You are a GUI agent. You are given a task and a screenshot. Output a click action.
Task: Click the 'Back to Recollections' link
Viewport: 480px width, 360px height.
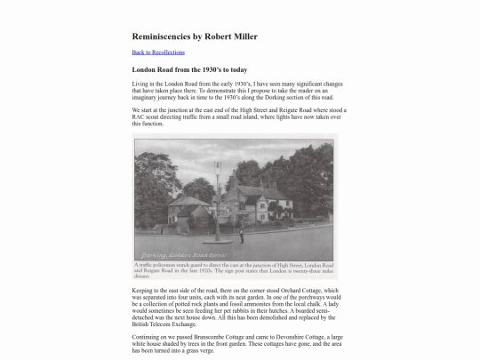point(158,52)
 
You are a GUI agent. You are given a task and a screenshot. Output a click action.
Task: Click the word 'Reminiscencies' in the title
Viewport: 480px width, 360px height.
point(163,36)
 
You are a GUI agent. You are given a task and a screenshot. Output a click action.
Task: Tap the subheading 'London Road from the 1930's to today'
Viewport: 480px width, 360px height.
point(189,69)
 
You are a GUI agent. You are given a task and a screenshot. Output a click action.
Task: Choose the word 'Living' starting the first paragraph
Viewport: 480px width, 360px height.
point(141,84)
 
